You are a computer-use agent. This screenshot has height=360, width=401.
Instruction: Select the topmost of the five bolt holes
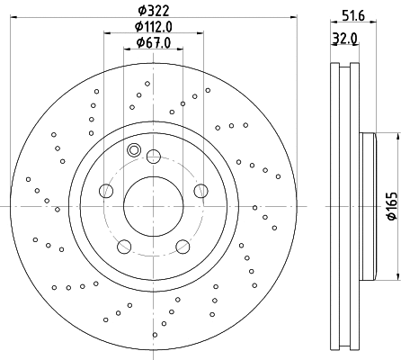pyautogui.click(x=153, y=156)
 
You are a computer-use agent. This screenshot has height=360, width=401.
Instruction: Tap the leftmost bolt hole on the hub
pyautogui.click(x=106, y=190)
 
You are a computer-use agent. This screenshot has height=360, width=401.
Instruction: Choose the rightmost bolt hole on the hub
pyautogui.click(x=200, y=190)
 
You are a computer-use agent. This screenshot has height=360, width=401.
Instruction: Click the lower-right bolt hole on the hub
pyautogui.click(x=182, y=245)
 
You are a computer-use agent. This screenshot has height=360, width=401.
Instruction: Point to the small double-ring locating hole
pyautogui.click(x=135, y=150)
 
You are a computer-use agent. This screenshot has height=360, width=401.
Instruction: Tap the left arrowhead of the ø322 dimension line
pyautogui.click(x=22, y=19)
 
